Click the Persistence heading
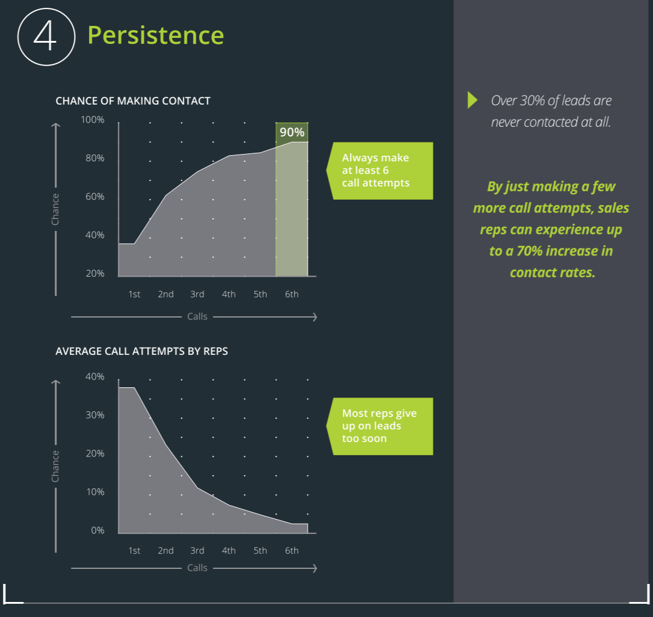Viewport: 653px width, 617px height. coord(156,35)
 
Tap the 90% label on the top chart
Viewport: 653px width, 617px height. coord(292,132)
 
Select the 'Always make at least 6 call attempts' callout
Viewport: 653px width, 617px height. coord(379,171)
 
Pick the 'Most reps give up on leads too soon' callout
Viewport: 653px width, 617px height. coord(379,426)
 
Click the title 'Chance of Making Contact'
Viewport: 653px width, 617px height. coord(133,101)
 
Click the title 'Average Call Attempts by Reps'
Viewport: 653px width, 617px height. coord(141,351)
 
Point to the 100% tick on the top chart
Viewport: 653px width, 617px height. coord(93,120)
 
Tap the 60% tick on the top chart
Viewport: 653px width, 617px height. coord(95,197)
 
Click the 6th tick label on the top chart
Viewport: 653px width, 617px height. coord(292,294)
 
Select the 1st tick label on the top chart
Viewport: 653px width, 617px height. coord(134,294)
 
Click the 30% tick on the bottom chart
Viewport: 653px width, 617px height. coord(95,415)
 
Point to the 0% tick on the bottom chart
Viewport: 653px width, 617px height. coord(97,530)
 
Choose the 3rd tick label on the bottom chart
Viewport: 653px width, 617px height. coord(197,550)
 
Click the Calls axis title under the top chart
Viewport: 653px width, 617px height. coord(197,317)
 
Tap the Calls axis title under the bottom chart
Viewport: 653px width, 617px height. coord(197,568)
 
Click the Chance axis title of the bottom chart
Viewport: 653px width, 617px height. coord(55,466)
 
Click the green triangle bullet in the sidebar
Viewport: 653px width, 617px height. coord(472,100)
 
